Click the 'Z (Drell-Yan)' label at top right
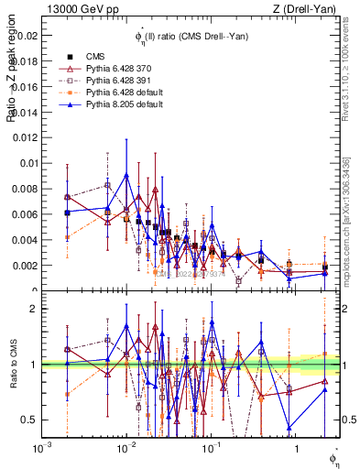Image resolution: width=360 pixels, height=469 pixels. tap(311, 8)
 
